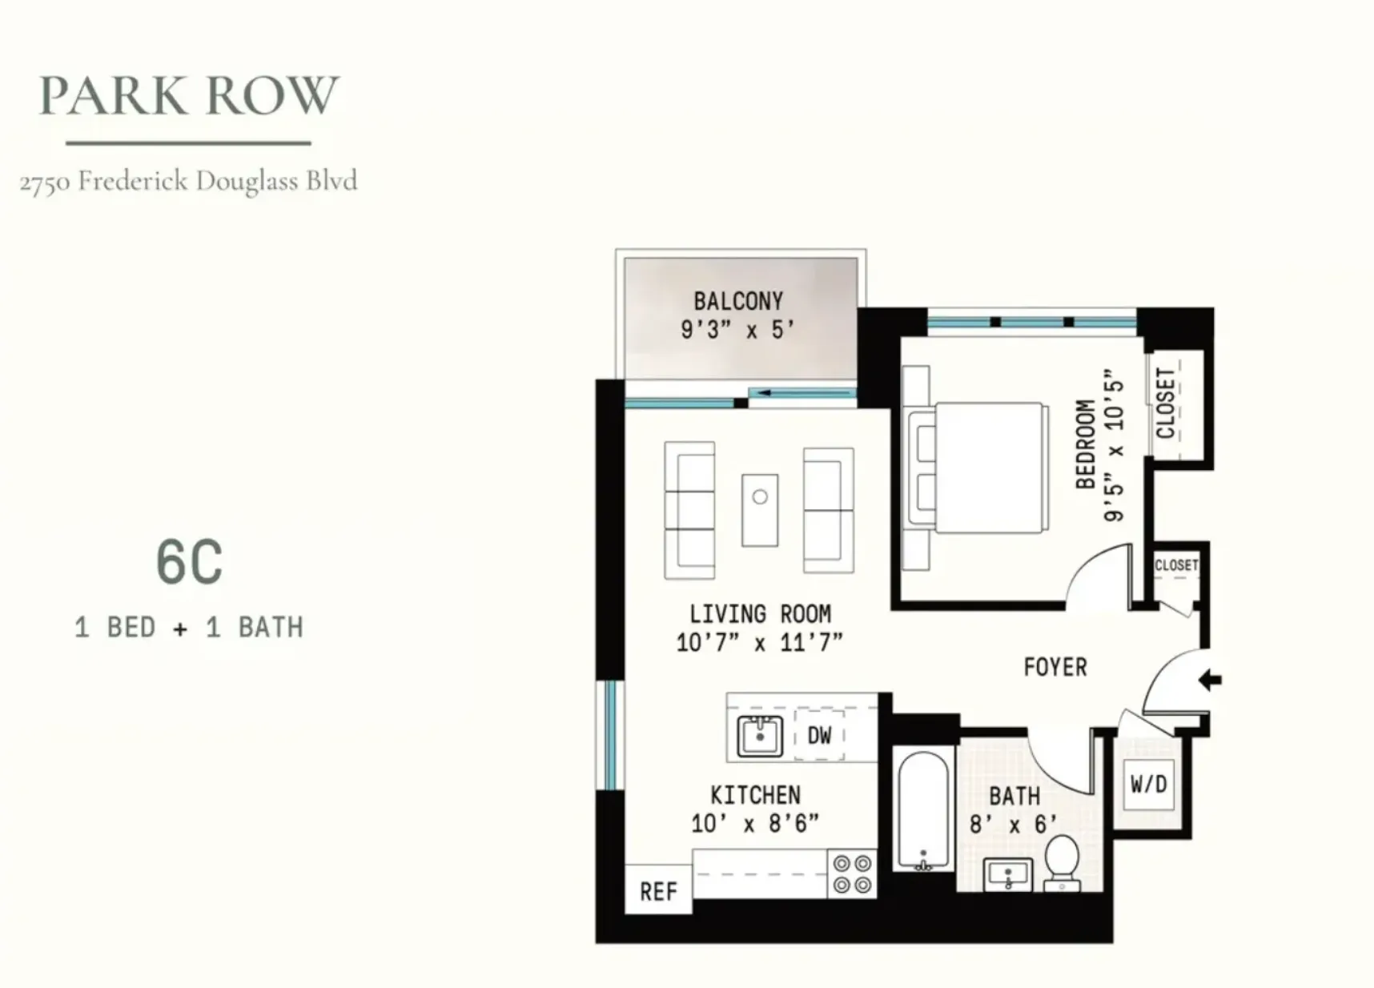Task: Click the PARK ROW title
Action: coord(189,95)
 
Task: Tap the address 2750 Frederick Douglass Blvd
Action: coord(189,181)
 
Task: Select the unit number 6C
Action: coord(189,562)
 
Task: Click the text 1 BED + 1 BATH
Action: coord(189,627)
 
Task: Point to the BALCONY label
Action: coord(737,302)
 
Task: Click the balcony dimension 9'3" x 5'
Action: coord(737,329)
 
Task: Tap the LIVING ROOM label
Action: coord(760,614)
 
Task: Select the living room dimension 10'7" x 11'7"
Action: coord(760,642)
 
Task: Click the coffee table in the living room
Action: coord(759,509)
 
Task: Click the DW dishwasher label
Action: coord(819,735)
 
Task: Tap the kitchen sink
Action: coord(759,735)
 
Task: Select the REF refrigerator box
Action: coord(658,890)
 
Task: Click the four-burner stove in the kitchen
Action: coord(852,874)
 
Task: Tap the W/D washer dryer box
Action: coord(1148,784)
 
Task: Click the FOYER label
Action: coord(1055,667)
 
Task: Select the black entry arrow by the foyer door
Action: coord(1210,681)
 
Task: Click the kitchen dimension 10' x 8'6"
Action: coord(755,823)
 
